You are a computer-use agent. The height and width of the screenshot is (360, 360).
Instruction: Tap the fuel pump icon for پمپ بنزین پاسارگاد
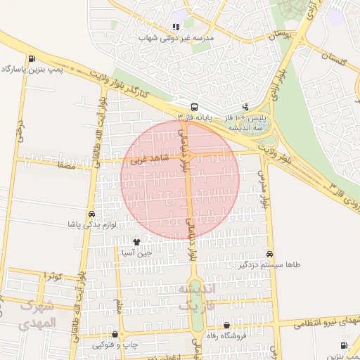[31, 59]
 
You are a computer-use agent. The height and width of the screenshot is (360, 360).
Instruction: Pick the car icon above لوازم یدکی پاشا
[91, 214]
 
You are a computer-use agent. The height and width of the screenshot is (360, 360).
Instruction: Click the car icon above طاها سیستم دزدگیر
[270, 254]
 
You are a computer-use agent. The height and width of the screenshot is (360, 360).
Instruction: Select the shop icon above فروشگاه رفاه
[226, 325]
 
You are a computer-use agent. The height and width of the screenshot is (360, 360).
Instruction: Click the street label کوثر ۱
[53, 275]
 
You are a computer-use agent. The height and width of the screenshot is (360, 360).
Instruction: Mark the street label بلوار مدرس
[265, 188]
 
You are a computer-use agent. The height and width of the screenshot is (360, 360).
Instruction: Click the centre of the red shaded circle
[180, 179]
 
